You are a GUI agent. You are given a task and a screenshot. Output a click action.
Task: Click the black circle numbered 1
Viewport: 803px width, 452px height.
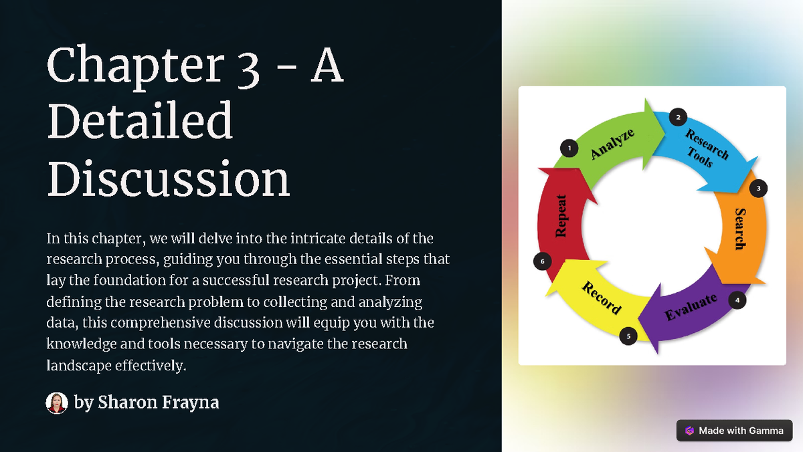coord(569,148)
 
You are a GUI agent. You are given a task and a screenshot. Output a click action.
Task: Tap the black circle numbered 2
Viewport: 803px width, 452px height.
coord(678,118)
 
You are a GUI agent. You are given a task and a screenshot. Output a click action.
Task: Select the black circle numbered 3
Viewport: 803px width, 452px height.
coord(758,189)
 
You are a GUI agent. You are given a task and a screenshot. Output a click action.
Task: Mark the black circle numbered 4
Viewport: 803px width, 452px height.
coord(737,300)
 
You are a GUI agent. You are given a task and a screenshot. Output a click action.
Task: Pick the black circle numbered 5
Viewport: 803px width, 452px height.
coord(628,336)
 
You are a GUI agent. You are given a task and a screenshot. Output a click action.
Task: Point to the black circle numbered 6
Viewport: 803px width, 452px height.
coord(543,261)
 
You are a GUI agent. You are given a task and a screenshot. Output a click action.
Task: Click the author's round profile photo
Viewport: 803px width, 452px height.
coord(57,403)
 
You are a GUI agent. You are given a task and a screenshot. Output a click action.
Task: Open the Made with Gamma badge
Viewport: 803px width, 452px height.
coord(734,431)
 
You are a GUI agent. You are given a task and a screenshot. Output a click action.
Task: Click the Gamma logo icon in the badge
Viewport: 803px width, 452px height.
coord(689,431)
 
